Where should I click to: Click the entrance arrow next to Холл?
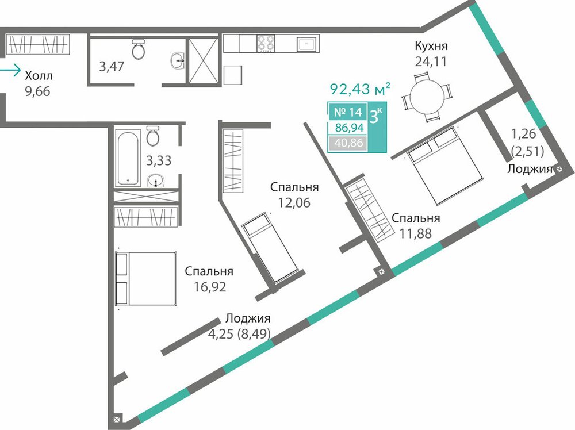tap(10, 70)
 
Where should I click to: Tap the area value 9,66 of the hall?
tap(37, 91)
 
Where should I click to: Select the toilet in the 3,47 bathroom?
tap(139, 49)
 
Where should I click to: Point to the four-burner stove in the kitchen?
tap(266, 43)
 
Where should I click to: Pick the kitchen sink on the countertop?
tap(306, 44)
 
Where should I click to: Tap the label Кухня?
tap(431, 46)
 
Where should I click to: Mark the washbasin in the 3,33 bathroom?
tap(156, 181)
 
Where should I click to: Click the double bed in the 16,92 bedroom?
tap(146, 278)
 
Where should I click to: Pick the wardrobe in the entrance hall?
tap(37, 44)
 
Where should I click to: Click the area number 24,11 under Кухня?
tap(431, 61)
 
